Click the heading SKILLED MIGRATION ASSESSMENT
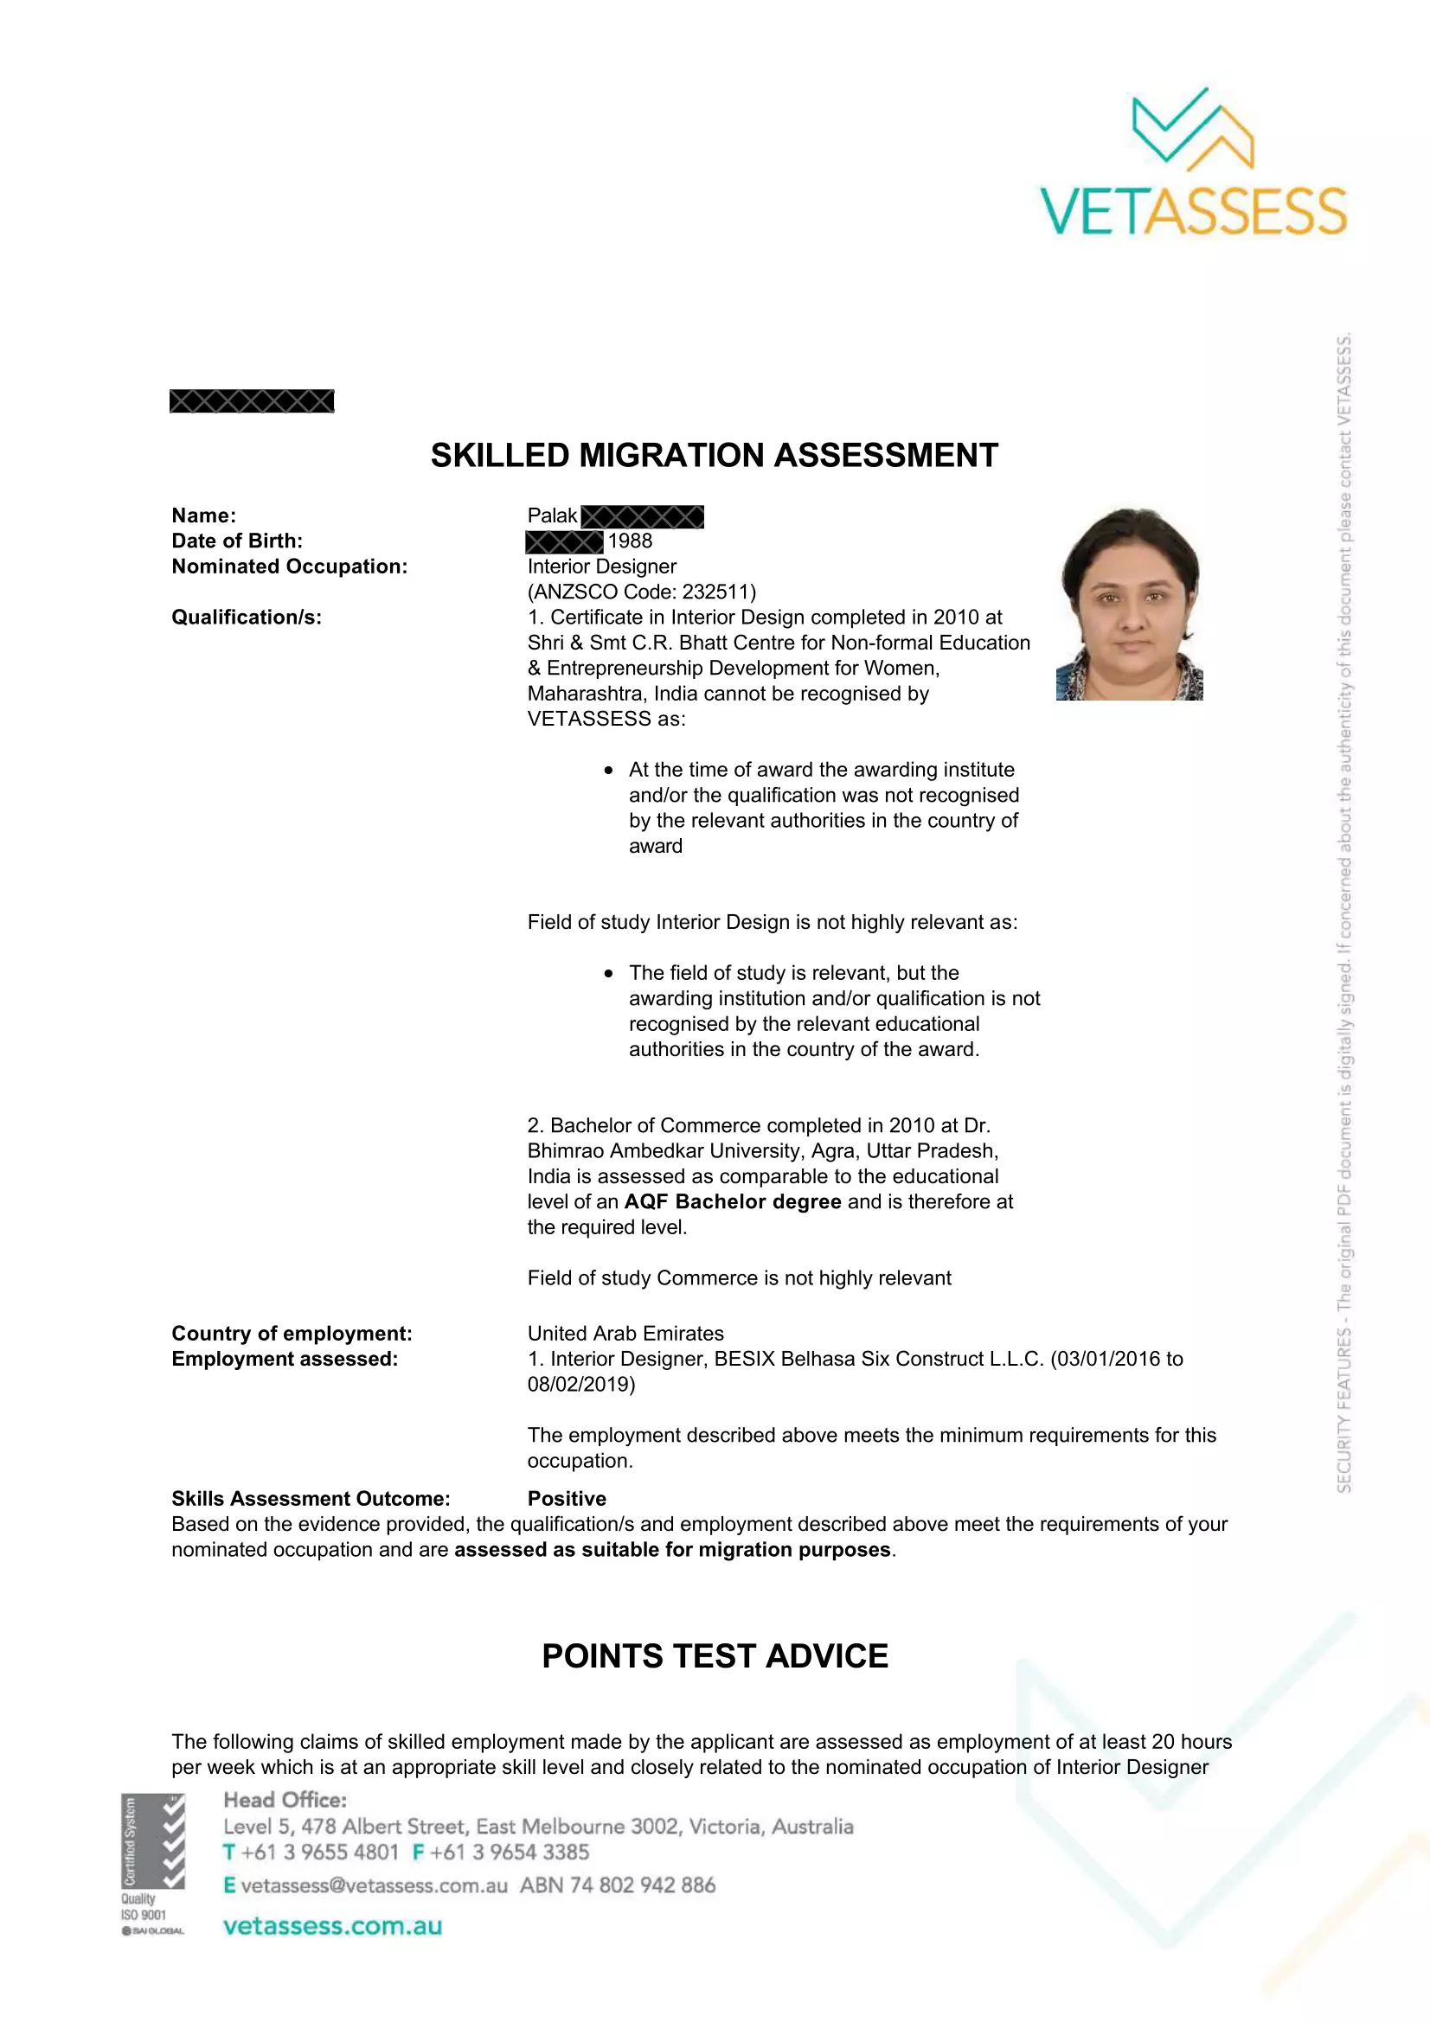coord(714,456)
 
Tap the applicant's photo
coord(1130,604)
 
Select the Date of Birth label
coord(237,541)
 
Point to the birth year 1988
coord(630,541)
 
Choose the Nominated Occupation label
coord(289,567)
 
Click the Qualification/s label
coord(247,617)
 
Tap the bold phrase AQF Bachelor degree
coord(732,1202)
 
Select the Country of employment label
coord(292,1333)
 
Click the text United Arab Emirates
coord(625,1333)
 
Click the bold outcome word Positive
coord(567,1499)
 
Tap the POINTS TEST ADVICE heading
coord(715,1656)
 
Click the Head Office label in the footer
coord(285,1800)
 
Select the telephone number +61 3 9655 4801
coord(320,1852)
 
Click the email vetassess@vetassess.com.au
coord(374,1885)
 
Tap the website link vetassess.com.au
coord(332,1926)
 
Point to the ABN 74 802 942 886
coord(618,1885)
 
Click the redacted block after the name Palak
coord(642,516)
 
